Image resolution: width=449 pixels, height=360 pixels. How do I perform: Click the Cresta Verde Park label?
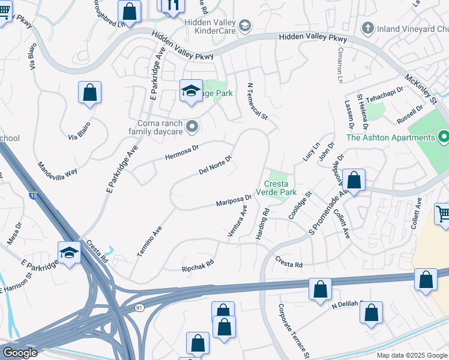pyautogui.click(x=277, y=188)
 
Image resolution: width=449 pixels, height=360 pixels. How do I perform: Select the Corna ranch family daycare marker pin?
pyautogui.click(x=192, y=125)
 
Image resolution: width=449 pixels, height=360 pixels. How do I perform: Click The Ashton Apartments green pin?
pyautogui.click(x=444, y=137)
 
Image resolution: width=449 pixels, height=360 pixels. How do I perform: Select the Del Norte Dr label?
pyautogui.click(x=215, y=164)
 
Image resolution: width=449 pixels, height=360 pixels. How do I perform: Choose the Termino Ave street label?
pyautogui.click(x=149, y=242)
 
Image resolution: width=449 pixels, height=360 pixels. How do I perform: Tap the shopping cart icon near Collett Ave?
pyautogui.click(x=443, y=214)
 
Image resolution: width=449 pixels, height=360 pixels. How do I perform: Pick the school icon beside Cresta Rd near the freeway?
pyautogui.click(x=69, y=252)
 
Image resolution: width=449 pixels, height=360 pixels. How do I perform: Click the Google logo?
pyautogui.click(x=20, y=353)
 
